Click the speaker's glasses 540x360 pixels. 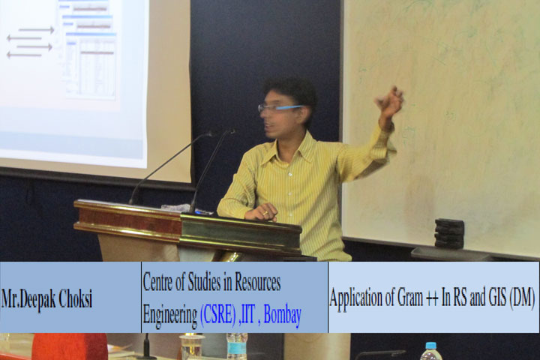pyautogui.click(x=279, y=108)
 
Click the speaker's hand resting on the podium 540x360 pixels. pyautogui.click(x=262, y=212)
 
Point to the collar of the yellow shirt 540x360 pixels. pyautogui.click(x=299, y=142)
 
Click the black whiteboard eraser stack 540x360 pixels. pyautogui.click(x=449, y=233)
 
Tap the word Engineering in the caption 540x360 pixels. pyautogui.click(x=170, y=316)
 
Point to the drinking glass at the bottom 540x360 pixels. pyautogui.click(x=192, y=346)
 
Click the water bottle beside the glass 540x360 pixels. pyautogui.click(x=237, y=346)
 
